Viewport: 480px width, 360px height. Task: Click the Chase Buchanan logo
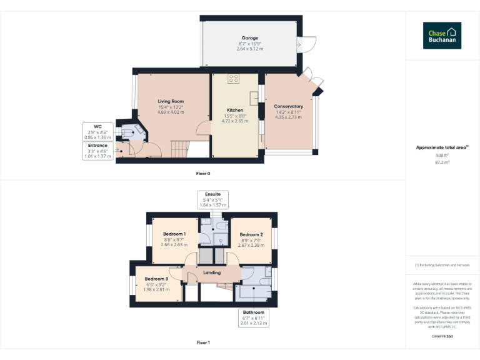point(442,36)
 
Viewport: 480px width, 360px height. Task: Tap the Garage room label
point(250,38)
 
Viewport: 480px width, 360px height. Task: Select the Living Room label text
point(171,101)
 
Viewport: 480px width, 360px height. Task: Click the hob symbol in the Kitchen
point(234,79)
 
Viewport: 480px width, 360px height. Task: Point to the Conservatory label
point(288,106)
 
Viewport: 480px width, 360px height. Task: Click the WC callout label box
point(97,131)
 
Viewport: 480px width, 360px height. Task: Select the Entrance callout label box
point(97,151)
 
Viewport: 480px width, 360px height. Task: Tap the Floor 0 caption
point(203,173)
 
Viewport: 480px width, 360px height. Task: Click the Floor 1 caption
point(203,342)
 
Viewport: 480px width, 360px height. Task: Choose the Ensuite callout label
point(212,199)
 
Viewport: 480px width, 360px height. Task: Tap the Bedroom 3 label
point(156,279)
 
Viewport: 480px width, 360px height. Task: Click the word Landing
point(212,272)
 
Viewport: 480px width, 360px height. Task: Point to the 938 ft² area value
point(442,155)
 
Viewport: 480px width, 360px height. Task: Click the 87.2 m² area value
point(442,162)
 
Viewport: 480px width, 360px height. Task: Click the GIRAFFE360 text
point(442,337)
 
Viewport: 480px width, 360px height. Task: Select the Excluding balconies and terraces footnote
point(442,265)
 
